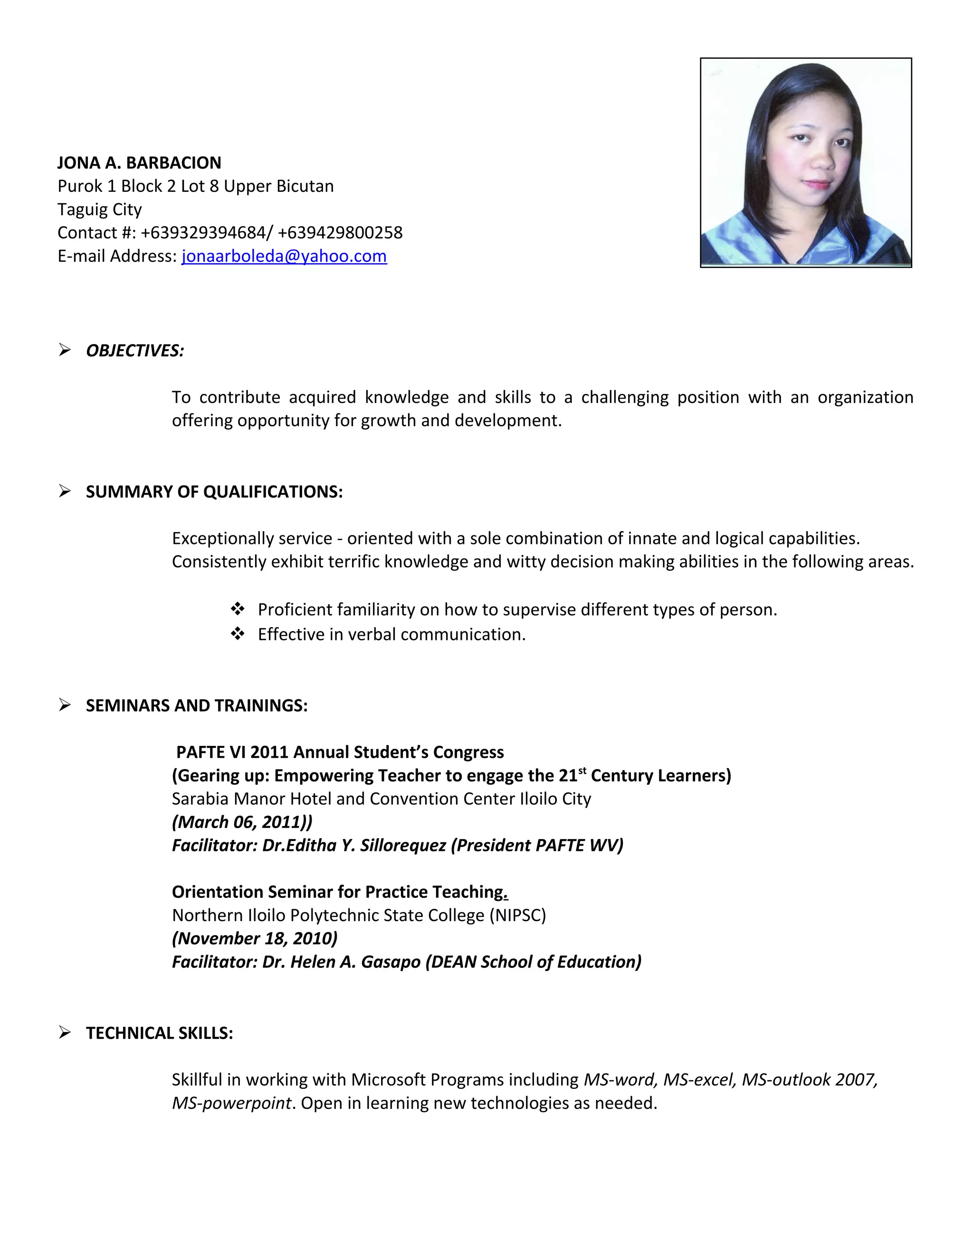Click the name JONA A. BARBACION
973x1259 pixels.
tap(139, 163)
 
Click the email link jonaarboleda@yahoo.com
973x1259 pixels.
tap(284, 256)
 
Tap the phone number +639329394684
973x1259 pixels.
tap(203, 233)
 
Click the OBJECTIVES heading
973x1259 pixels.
tap(135, 351)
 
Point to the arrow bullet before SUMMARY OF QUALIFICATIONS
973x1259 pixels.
tap(65, 491)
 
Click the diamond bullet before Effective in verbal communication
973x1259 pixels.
tap(238, 634)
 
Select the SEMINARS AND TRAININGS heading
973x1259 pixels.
tap(197, 706)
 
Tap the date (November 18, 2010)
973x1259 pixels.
tap(254, 938)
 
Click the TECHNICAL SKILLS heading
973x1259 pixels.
tap(159, 1033)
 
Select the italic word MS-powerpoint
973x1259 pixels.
tap(232, 1103)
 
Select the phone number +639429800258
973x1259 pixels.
tap(340, 233)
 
